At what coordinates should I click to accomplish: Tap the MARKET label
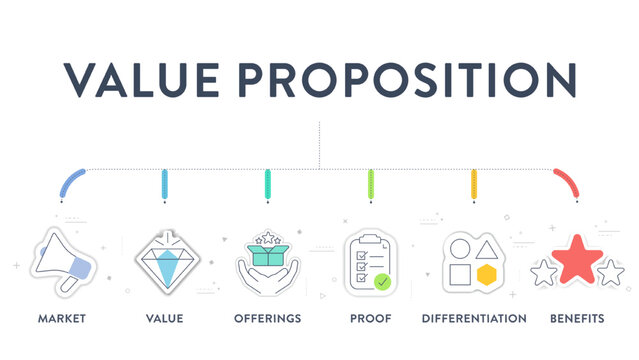[x=61, y=318]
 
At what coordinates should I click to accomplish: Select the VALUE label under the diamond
[x=164, y=318]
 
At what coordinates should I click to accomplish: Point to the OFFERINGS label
[x=267, y=318]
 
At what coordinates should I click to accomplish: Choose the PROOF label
[x=371, y=318]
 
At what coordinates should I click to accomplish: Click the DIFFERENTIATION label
[x=474, y=318]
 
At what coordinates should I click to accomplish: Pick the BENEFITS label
[x=577, y=318]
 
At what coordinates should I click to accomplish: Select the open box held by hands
[x=267, y=256]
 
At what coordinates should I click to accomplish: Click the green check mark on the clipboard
[x=383, y=282]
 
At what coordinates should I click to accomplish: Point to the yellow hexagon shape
[x=487, y=276]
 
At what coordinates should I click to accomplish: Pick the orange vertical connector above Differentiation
[x=474, y=184]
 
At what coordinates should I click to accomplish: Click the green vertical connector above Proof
[x=371, y=184]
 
